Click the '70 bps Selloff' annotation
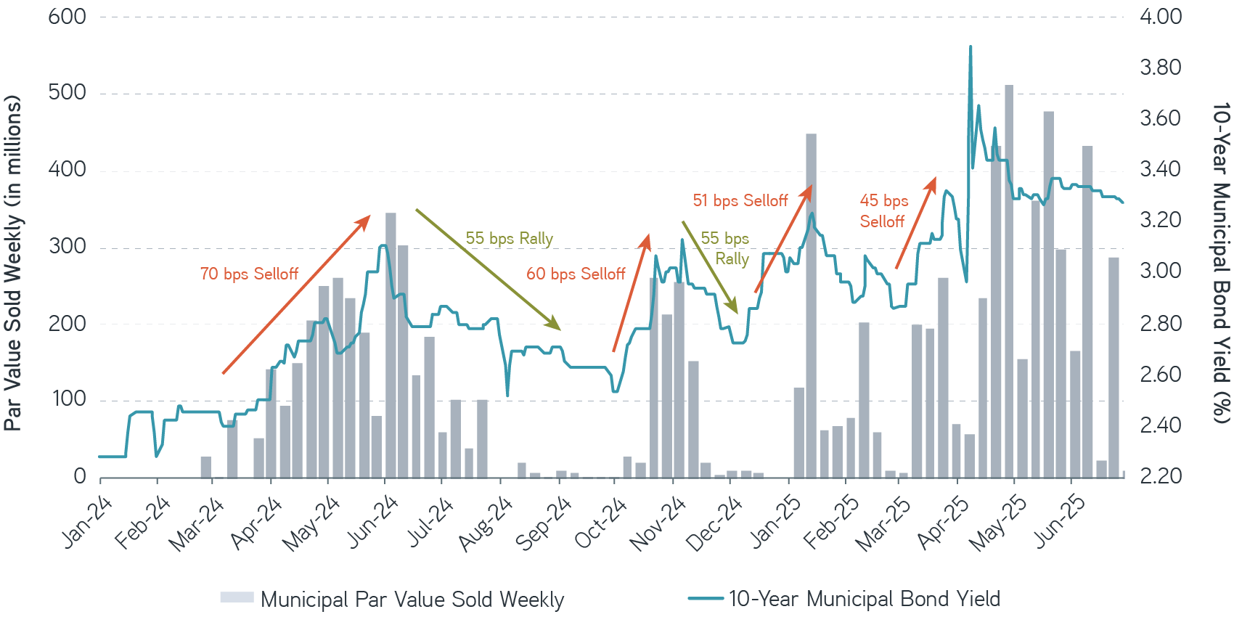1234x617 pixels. [x=249, y=274]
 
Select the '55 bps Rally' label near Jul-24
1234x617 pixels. [x=509, y=239]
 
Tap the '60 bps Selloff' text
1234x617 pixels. [x=576, y=274]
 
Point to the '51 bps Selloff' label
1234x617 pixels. [x=740, y=201]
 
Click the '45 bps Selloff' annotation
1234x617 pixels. [x=883, y=211]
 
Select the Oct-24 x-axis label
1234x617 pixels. [x=600, y=523]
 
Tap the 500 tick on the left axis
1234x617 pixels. [x=67, y=93]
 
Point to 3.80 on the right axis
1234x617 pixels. [x=1160, y=68]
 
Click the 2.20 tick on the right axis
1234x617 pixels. [x=1160, y=476]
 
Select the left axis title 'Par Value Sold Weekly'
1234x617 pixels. [x=13, y=263]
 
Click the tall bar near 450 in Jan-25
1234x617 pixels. [x=811, y=305]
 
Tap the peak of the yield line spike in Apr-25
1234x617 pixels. [x=971, y=47]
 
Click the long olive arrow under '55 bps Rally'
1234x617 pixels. [x=487, y=269]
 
